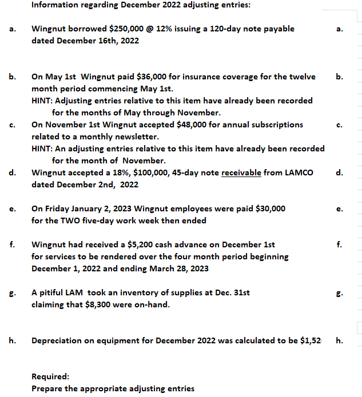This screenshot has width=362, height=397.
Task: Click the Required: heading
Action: pos(50,376)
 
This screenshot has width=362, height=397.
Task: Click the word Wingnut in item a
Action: pos(49,29)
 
